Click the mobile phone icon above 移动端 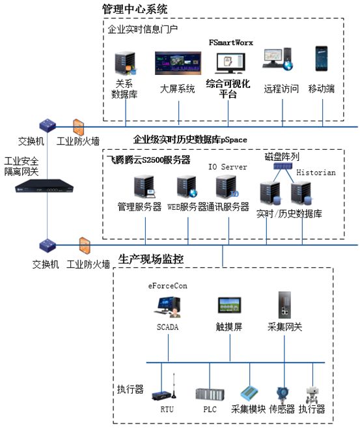(x=321, y=59)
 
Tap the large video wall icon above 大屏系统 (x=178, y=63)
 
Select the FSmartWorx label (x=230, y=42)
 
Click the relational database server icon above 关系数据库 (x=126, y=64)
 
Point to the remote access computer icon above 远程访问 (x=277, y=59)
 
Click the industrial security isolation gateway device (x=44, y=186)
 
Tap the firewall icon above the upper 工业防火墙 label (x=78, y=127)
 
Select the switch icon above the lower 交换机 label (x=48, y=246)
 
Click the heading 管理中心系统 (x=135, y=8)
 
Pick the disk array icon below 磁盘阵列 (x=283, y=165)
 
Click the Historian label (x=316, y=173)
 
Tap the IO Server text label (x=227, y=167)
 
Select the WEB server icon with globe (x=187, y=187)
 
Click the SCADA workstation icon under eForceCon (x=167, y=307)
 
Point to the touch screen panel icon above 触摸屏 (x=229, y=305)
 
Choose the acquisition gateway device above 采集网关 (x=284, y=305)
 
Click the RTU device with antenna (x=164, y=387)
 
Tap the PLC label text (x=210, y=409)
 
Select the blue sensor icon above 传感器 (x=283, y=394)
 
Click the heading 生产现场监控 (x=150, y=259)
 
